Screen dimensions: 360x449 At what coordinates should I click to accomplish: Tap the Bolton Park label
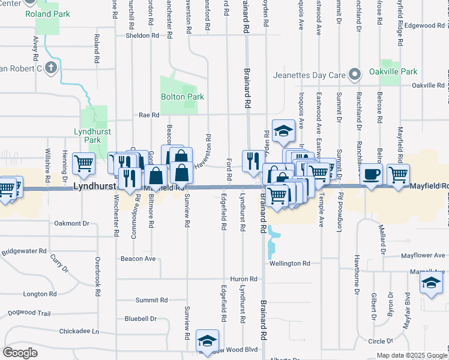[x=182, y=97]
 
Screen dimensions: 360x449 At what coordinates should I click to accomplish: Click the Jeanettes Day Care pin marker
[x=355, y=75]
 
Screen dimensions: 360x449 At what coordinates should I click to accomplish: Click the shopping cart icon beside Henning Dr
[x=84, y=163]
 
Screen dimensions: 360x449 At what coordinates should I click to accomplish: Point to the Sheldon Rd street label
[x=142, y=35]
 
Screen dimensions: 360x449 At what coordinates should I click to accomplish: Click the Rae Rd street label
[x=149, y=115]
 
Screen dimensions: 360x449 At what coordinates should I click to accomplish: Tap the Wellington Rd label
[x=290, y=263]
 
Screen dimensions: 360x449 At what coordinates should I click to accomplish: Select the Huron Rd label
[x=244, y=280]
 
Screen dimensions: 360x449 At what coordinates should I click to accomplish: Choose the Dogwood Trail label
[x=29, y=313]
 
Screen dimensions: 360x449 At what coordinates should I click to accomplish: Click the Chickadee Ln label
[x=79, y=331]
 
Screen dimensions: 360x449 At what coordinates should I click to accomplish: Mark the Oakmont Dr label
[x=71, y=223]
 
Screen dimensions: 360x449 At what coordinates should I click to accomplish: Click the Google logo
[x=20, y=353]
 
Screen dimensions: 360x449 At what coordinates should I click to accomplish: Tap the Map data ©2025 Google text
[x=412, y=355]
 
